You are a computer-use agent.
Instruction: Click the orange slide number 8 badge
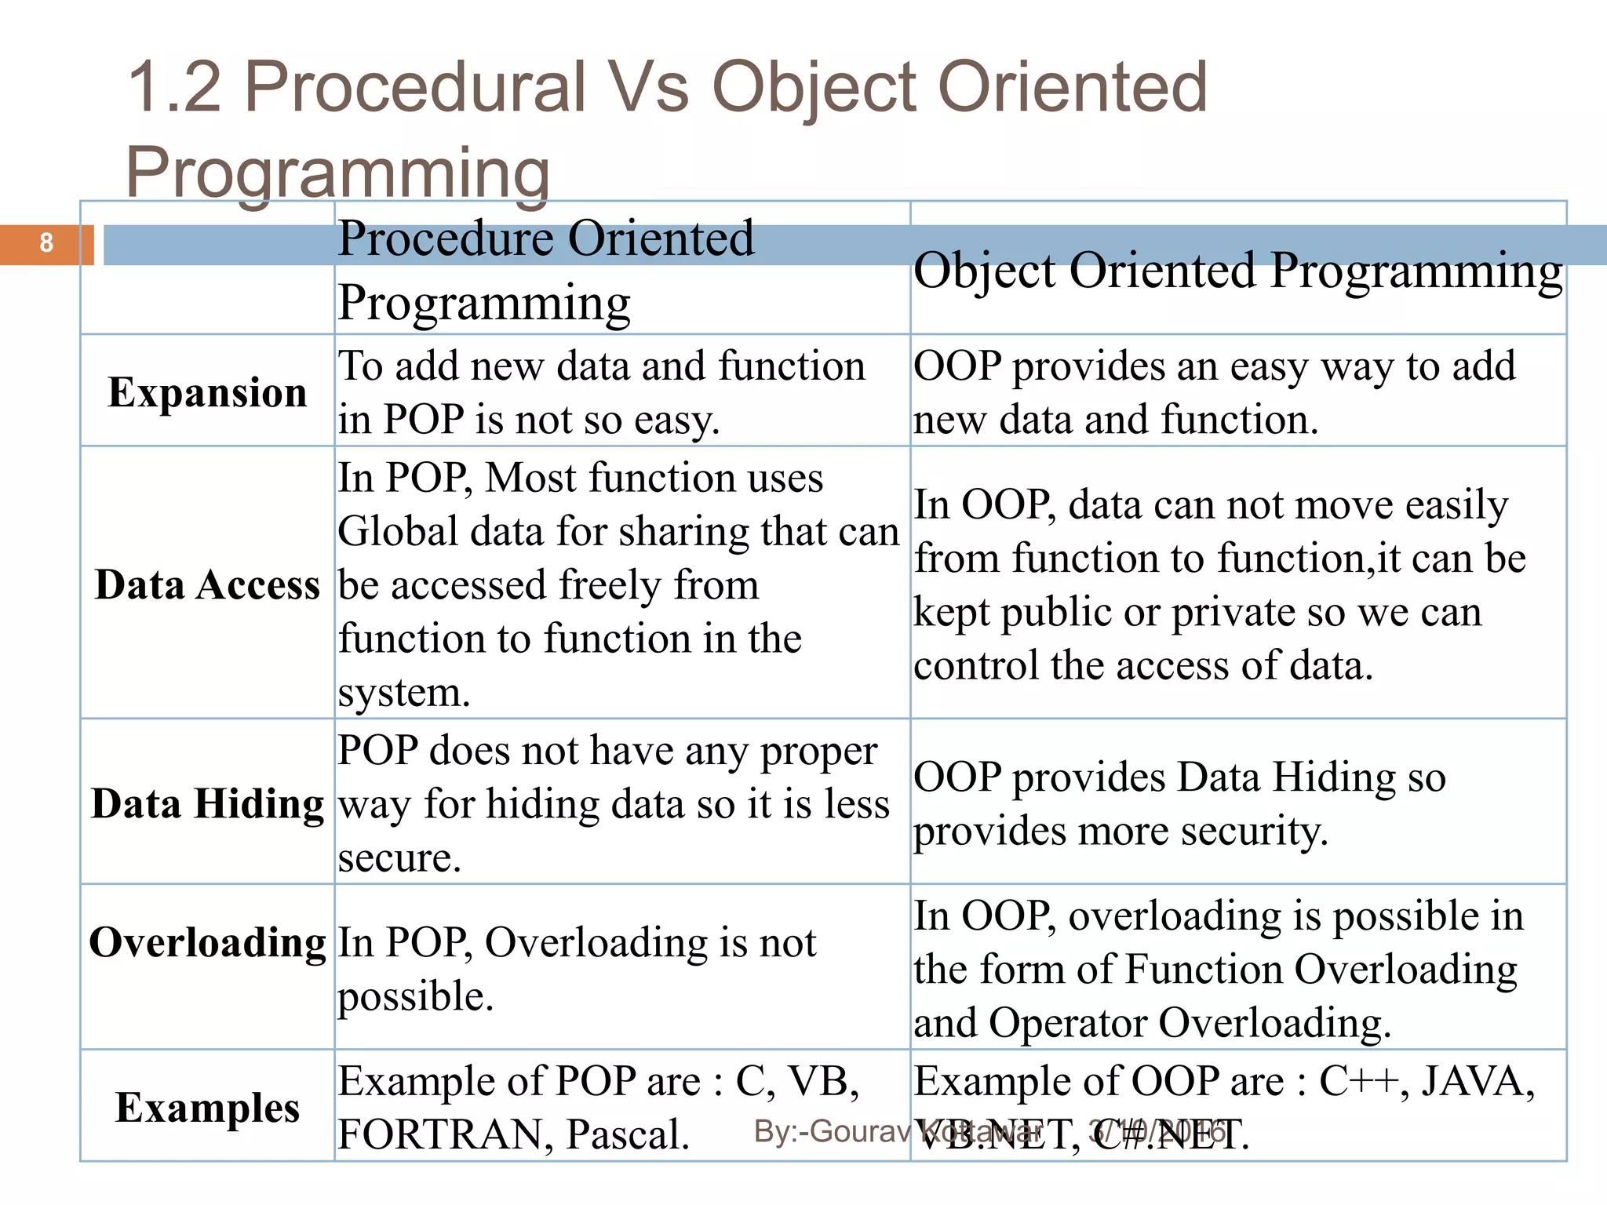click(x=46, y=243)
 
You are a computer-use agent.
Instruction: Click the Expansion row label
click(x=207, y=392)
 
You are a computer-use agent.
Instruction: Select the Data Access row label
click(x=207, y=585)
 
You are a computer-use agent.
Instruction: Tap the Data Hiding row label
click(x=207, y=804)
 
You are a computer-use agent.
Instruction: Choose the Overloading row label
click(x=207, y=942)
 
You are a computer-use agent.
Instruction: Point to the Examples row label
click(x=207, y=1108)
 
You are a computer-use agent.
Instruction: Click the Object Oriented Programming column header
click(x=1237, y=271)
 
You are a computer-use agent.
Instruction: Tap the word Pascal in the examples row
click(x=628, y=1134)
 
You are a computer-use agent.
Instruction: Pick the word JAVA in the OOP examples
click(x=1478, y=1081)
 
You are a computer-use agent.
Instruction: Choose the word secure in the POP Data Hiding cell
click(x=399, y=857)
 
